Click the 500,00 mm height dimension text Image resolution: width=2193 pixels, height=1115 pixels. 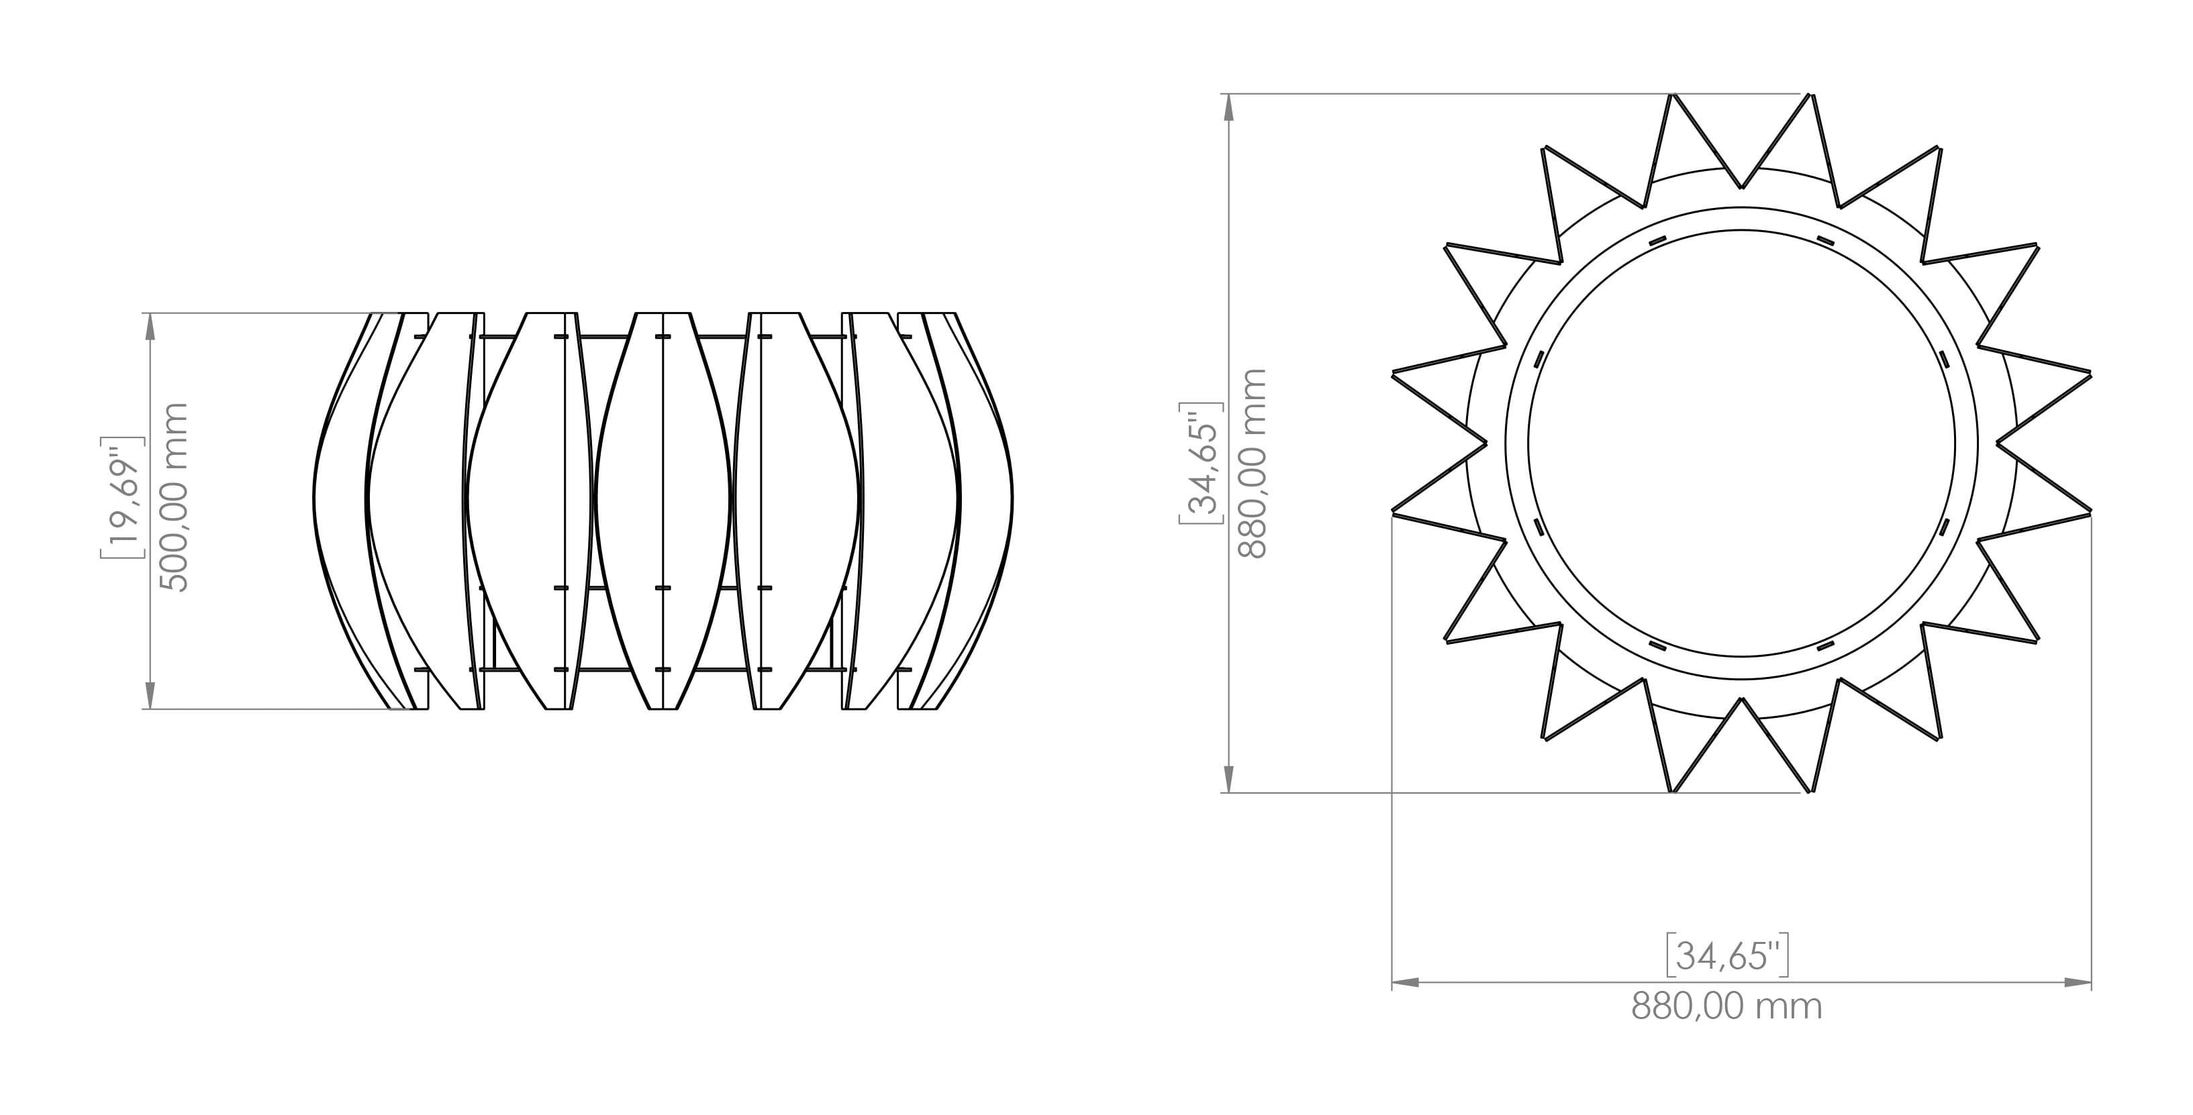[x=174, y=497]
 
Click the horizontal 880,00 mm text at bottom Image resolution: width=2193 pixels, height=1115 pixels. [x=1726, y=1007]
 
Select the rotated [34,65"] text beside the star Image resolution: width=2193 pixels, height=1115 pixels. [x=1201, y=464]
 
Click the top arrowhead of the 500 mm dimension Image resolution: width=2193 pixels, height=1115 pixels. [x=150, y=323]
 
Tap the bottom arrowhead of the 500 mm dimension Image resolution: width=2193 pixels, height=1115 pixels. [x=150, y=698]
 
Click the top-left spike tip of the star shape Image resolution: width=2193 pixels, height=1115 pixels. [x=1673, y=95]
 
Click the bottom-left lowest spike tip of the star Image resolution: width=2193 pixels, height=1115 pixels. [x=1673, y=792]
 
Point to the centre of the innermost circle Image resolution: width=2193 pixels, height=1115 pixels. [x=1742, y=443]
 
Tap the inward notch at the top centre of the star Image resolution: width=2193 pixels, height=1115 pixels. [x=1742, y=187]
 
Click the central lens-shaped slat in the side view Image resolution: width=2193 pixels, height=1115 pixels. [x=663, y=511]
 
